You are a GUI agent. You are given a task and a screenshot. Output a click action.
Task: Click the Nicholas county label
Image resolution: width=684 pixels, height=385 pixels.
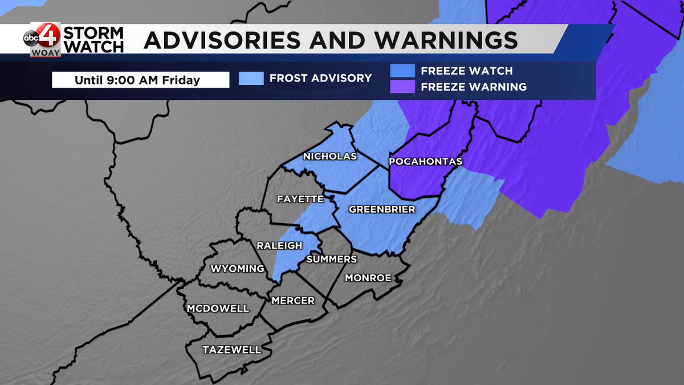point(330,156)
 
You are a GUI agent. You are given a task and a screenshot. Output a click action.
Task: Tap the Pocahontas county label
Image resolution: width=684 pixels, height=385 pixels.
point(425,162)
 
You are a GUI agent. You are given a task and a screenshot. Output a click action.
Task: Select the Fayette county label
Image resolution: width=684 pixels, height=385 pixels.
point(300,199)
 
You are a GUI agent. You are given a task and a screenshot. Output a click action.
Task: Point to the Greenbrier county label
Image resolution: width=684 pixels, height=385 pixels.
point(382,209)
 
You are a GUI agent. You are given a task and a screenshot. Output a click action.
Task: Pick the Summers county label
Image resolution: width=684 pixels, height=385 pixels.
point(332,259)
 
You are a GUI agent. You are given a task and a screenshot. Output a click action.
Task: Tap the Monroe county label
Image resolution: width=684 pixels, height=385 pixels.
point(368,278)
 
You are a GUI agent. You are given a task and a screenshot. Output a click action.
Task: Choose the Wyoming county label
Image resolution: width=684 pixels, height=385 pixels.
point(238,269)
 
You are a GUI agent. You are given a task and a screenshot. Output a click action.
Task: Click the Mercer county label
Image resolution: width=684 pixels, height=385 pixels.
point(293,300)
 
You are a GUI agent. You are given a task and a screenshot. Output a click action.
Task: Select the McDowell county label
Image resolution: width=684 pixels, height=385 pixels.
point(218,309)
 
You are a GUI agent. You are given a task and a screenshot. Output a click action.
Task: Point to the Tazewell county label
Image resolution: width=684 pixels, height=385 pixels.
point(232,350)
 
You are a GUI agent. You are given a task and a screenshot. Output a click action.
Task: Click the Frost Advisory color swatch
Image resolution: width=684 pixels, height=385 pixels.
point(251,78)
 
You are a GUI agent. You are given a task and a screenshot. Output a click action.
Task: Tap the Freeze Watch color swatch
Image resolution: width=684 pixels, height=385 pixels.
point(402,71)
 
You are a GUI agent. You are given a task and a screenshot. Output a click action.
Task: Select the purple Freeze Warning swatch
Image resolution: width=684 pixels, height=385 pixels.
point(402,87)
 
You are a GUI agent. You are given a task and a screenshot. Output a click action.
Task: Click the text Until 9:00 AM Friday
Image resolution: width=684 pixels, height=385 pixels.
point(137,80)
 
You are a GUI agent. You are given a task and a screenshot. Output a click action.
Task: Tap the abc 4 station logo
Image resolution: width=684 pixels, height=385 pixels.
point(42,39)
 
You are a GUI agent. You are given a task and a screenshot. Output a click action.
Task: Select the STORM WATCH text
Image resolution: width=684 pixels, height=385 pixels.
point(93,39)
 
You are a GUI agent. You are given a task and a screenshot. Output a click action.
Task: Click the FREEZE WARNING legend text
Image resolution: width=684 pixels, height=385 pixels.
point(474,87)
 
